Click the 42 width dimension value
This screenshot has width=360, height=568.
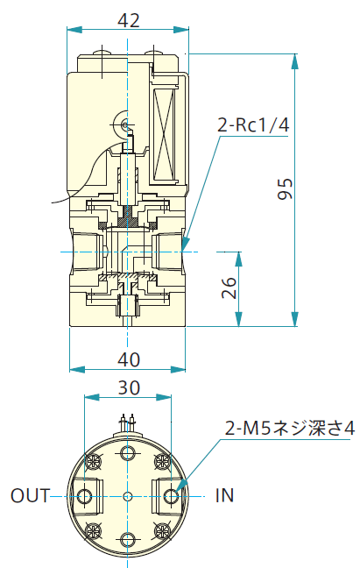[x=129, y=20]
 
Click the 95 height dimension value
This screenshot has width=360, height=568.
[x=285, y=188]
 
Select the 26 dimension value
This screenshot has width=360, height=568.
[x=229, y=288]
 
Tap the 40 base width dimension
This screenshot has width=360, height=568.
[x=129, y=359]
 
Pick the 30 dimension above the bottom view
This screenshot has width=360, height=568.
[x=129, y=388]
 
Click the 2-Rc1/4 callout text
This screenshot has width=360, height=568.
[x=253, y=125]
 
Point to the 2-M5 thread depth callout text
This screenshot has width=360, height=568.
[x=289, y=428]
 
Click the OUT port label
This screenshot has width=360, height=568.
[x=30, y=496]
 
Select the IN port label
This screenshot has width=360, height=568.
[x=225, y=495]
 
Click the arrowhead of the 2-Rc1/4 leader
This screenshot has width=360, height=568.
[x=186, y=243]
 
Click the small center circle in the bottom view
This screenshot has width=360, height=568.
[x=127, y=496]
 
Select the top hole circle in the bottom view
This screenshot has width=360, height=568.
[x=127, y=453]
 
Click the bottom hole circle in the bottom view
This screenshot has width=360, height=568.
[x=127, y=540]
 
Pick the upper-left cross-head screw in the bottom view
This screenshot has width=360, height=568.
[x=93, y=461]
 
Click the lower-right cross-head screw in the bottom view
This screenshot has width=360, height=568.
[x=162, y=531]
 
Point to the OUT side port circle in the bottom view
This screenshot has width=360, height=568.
[x=85, y=496]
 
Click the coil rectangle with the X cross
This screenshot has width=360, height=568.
[x=165, y=133]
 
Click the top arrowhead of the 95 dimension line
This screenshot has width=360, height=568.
[x=295, y=60]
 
